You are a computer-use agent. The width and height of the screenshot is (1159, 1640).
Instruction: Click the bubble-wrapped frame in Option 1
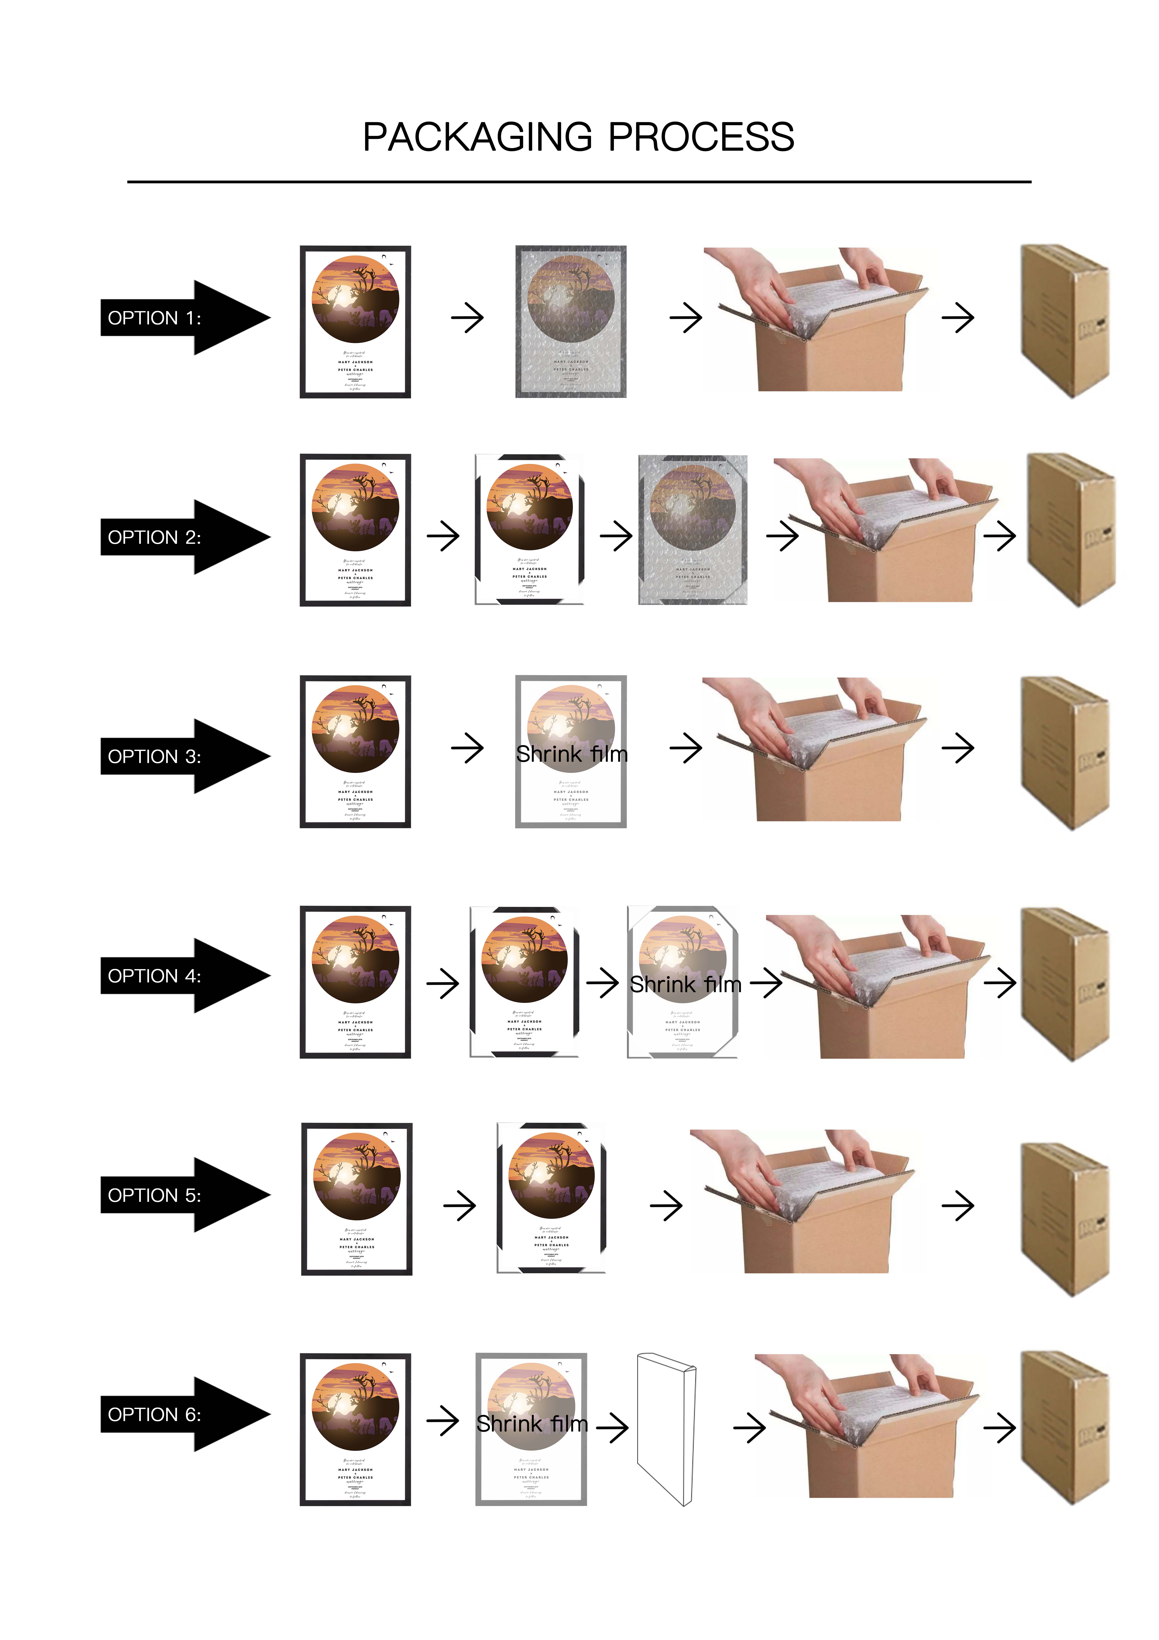tap(570, 321)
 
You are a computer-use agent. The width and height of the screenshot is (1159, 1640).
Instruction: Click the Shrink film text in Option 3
tap(571, 754)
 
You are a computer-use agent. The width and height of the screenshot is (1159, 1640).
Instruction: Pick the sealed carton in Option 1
tap(1064, 321)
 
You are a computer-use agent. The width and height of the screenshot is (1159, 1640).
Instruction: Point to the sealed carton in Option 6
tap(1064, 1429)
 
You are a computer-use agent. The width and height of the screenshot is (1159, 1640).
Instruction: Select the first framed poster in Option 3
tap(355, 751)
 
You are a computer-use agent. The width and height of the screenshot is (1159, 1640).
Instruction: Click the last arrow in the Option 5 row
tap(958, 1206)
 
